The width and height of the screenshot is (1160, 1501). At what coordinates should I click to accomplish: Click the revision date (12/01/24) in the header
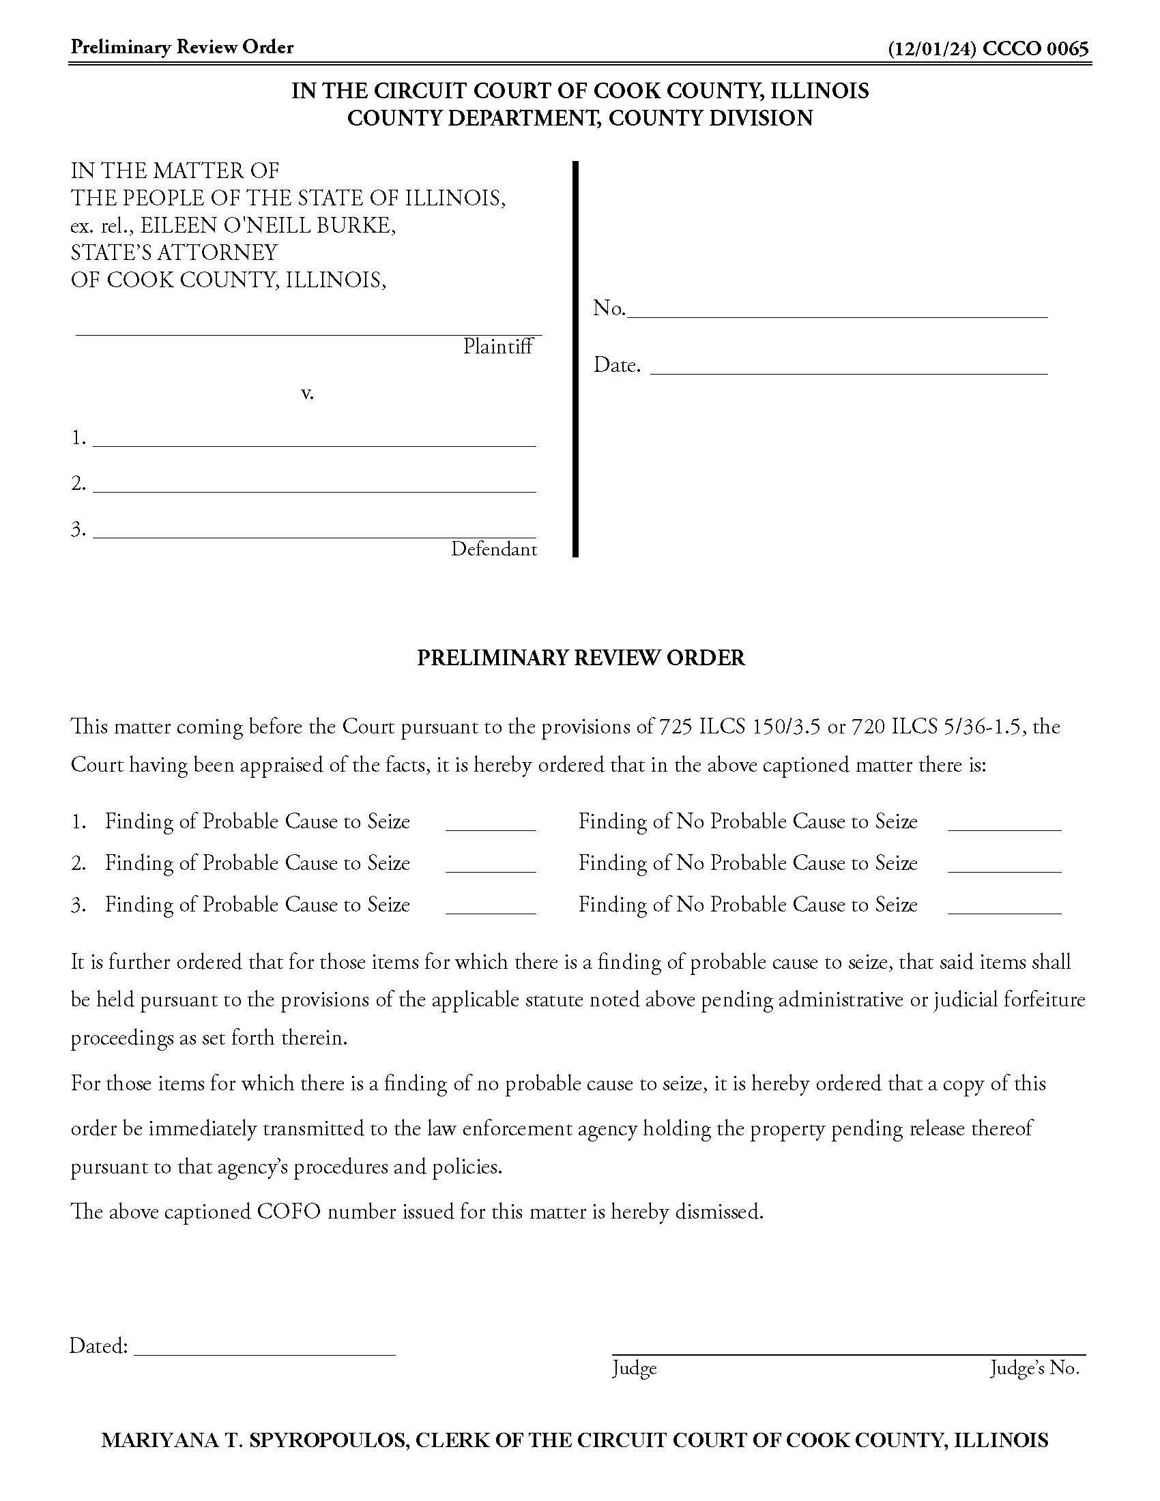(x=932, y=49)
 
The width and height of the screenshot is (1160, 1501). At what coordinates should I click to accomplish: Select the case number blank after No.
(x=837, y=310)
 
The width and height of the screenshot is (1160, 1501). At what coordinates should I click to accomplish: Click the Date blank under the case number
(x=848, y=367)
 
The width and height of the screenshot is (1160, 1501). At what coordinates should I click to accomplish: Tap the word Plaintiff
(x=497, y=347)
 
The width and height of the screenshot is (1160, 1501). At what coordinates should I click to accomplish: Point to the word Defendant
(x=493, y=549)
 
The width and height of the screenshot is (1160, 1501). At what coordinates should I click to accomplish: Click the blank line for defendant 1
(x=314, y=440)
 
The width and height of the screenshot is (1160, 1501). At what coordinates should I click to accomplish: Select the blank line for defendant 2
(x=314, y=486)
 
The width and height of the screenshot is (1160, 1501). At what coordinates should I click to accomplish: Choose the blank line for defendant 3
(x=314, y=531)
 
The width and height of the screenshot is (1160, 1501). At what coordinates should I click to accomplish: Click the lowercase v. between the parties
(x=307, y=394)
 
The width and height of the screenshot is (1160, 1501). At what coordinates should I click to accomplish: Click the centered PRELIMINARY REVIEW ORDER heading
(x=581, y=658)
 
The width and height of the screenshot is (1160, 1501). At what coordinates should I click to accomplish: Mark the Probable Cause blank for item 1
(x=491, y=825)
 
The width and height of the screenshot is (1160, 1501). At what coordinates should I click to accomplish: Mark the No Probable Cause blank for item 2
(x=1004, y=866)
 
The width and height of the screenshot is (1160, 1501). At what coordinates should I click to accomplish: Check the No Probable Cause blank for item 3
(x=1004, y=907)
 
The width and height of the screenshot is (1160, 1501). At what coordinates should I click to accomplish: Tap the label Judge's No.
(x=1034, y=1369)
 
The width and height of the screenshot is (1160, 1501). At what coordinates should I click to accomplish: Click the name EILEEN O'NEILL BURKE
(x=268, y=225)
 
